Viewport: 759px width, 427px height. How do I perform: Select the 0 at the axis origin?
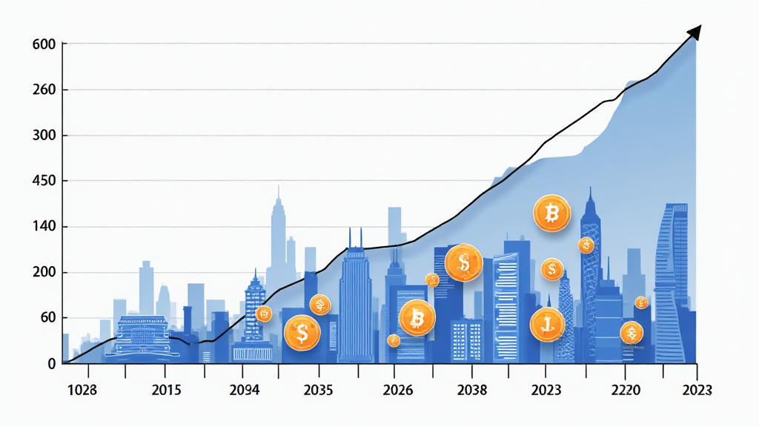coord(52,364)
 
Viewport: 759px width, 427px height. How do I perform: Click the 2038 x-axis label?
coord(472,390)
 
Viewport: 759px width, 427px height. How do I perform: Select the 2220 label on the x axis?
coord(624,390)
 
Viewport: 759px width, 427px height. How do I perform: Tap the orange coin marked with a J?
coord(548,324)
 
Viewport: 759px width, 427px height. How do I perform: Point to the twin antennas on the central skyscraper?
coord(355,237)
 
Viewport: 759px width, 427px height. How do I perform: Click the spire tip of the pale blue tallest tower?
coord(279,187)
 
